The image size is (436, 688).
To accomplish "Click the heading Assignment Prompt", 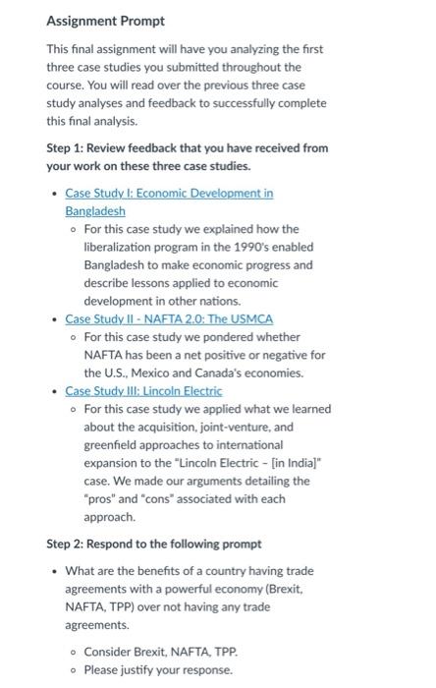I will pyautogui.click(x=106, y=21).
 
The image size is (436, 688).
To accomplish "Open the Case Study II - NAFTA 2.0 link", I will pyautogui.click(x=169, y=318).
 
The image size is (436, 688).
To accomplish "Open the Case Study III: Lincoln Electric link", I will pyautogui.click(x=143, y=391).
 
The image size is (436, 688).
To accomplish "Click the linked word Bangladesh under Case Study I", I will pyautogui.click(x=95, y=210).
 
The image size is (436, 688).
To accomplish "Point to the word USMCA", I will pyautogui.click(x=252, y=318).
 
